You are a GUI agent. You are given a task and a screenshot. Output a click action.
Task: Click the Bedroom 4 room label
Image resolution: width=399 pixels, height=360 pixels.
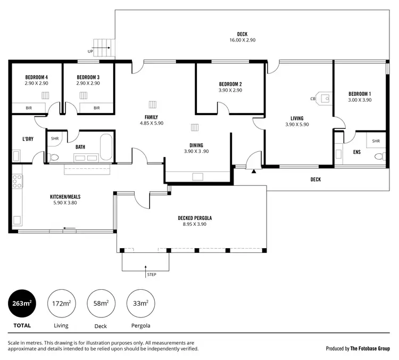36,77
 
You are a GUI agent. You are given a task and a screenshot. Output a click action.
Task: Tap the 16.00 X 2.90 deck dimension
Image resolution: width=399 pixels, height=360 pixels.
242,40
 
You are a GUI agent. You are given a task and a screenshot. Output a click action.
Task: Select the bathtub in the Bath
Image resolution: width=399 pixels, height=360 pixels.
106,147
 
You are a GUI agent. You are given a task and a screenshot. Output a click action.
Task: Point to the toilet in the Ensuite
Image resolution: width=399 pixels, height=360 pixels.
380,156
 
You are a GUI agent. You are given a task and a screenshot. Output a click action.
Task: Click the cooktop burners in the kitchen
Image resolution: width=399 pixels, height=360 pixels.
17,181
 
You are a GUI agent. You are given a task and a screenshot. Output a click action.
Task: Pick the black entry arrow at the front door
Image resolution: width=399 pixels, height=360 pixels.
254,171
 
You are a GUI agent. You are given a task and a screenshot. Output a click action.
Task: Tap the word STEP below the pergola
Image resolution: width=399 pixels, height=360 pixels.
152,274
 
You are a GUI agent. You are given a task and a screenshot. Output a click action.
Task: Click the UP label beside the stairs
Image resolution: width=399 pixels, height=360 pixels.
90,52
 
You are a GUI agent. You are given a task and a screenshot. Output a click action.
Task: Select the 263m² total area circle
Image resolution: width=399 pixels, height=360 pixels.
22,304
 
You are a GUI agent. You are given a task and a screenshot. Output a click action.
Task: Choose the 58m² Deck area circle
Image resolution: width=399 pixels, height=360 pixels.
101,304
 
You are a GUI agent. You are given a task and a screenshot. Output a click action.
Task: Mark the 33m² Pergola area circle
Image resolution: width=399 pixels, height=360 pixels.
141,304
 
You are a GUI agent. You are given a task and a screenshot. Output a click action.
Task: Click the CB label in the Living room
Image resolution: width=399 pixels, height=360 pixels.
313,99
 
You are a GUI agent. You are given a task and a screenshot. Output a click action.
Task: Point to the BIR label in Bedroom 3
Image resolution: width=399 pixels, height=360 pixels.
97,108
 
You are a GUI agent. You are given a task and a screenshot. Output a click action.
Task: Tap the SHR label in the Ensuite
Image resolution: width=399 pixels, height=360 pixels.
376,141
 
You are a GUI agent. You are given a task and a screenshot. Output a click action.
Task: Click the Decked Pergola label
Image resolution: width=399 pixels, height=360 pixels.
195,218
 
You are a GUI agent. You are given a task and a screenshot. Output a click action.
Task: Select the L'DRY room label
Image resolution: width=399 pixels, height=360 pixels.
28,139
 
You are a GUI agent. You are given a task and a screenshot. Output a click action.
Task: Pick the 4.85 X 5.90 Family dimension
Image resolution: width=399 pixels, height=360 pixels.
152,123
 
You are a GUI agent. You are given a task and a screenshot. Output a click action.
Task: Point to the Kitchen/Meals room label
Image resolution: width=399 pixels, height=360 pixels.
65,197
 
